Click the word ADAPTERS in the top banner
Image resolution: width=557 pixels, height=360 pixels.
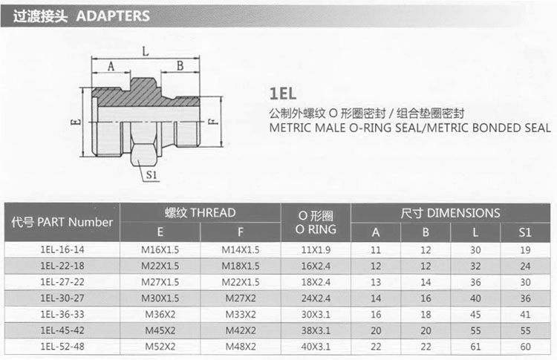(x=113, y=16)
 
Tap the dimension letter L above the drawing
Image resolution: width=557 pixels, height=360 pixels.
(x=146, y=51)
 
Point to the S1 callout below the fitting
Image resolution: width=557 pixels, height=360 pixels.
(x=152, y=174)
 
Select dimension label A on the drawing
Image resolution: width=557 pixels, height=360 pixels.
(x=111, y=66)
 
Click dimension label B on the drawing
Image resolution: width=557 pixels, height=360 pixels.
(x=180, y=66)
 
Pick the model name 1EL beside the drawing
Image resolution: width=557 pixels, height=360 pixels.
(x=283, y=94)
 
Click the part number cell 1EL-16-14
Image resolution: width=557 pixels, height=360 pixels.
(x=62, y=249)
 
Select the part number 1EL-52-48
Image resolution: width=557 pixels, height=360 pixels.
(x=62, y=347)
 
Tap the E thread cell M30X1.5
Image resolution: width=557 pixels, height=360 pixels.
(x=160, y=298)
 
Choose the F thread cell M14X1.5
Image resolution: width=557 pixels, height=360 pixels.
(x=241, y=250)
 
